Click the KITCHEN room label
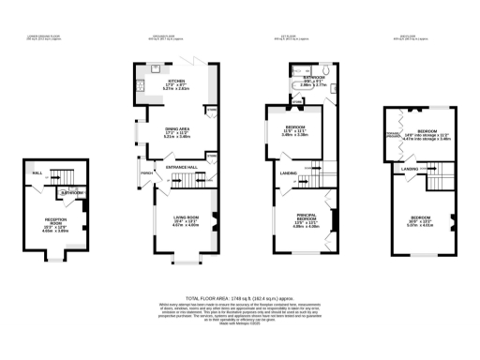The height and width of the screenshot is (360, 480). [176, 82]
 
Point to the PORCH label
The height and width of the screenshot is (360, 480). [146, 173]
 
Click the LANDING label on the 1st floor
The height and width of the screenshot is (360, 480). [288, 173]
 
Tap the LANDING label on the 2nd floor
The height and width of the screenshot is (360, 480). [410, 169]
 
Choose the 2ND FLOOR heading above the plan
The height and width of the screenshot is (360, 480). [411, 37]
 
